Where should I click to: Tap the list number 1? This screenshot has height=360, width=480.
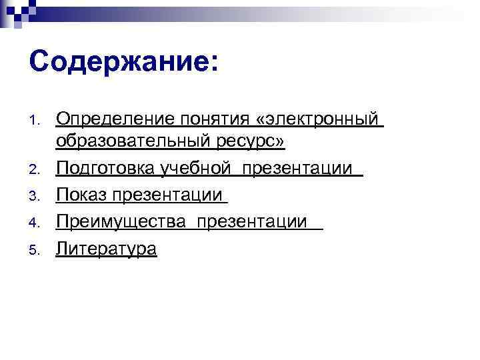(35, 121)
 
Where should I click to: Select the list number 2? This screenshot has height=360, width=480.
(35, 170)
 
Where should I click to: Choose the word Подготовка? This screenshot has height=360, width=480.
(107, 169)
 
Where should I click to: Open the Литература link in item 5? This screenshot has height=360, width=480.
(107, 249)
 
